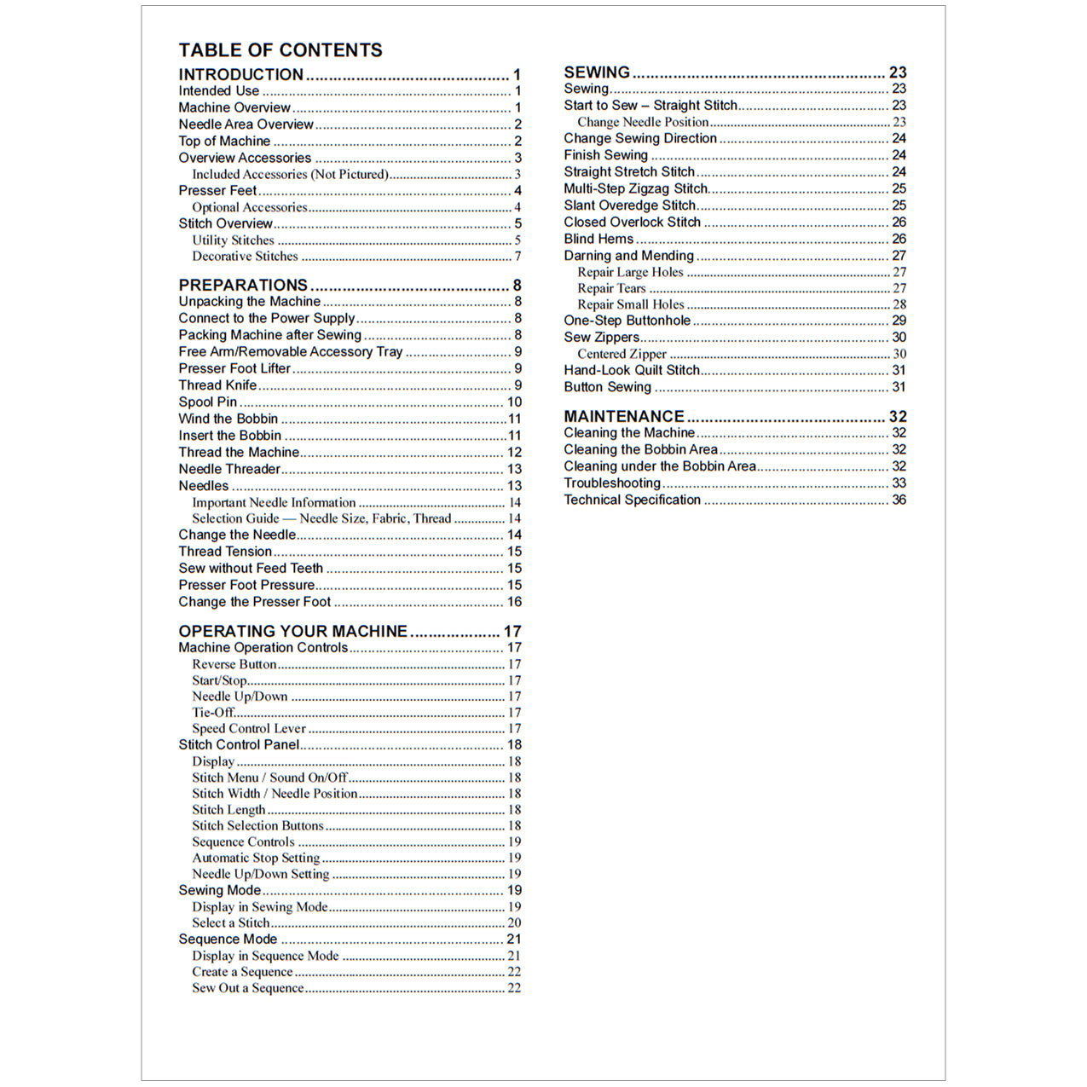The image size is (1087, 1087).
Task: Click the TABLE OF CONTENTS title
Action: tap(280, 50)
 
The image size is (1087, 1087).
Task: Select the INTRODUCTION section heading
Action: tap(240, 75)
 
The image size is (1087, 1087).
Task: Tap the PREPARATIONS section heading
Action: tap(242, 286)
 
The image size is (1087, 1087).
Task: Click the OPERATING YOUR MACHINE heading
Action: tap(292, 632)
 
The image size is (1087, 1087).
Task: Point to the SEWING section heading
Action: tap(597, 72)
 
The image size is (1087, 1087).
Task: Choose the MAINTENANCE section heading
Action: tap(623, 417)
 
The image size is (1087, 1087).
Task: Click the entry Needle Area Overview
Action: tap(246, 124)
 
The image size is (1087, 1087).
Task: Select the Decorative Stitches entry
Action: tap(245, 256)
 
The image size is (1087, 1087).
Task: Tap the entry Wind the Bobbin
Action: tap(228, 419)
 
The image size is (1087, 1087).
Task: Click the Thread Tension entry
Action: tap(225, 552)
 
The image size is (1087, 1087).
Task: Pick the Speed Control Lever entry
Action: tap(248, 729)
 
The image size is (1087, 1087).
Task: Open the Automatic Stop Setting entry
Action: tap(256, 858)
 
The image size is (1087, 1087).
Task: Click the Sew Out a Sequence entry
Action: tap(247, 988)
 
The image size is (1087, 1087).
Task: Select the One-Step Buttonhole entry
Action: tap(627, 321)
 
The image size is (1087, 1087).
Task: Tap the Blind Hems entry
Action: tap(598, 239)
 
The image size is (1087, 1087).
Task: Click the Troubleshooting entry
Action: tap(611, 483)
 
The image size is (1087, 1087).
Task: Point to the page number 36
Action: tap(899, 500)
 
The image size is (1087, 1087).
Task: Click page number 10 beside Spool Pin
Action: tap(514, 402)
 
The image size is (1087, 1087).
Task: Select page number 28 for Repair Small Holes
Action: tap(899, 304)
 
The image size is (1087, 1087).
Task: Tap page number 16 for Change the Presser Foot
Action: tap(514, 602)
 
